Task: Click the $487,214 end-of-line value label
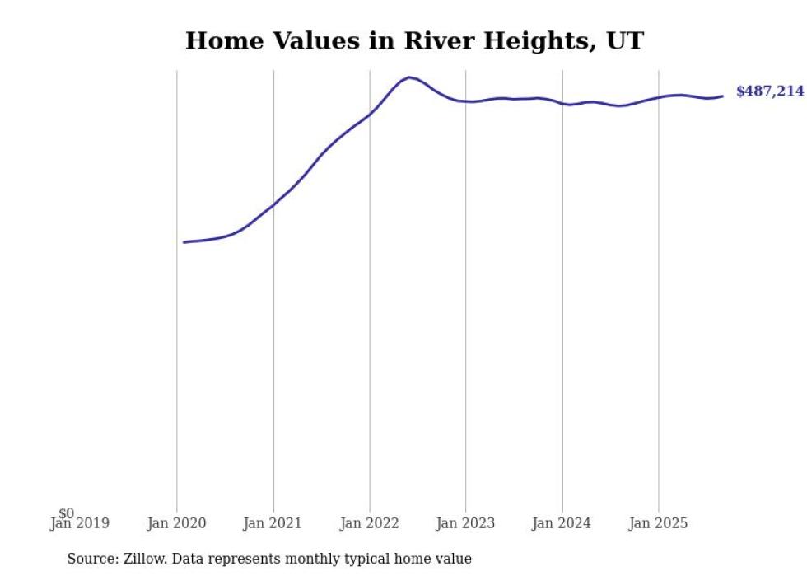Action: click(769, 91)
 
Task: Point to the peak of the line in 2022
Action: click(409, 77)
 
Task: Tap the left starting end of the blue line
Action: click(184, 242)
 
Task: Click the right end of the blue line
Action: click(722, 96)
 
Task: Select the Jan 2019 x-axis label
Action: click(79, 523)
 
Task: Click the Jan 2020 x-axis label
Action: click(176, 523)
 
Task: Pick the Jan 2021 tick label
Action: click(273, 523)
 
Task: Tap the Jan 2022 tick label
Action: click(369, 523)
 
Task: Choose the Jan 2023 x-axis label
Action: click(465, 523)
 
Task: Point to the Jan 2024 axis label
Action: click(562, 523)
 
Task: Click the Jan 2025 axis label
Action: click(658, 523)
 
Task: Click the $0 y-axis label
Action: click(66, 514)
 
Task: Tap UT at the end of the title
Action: click(625, 41)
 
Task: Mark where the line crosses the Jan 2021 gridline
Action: click(273, 204)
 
